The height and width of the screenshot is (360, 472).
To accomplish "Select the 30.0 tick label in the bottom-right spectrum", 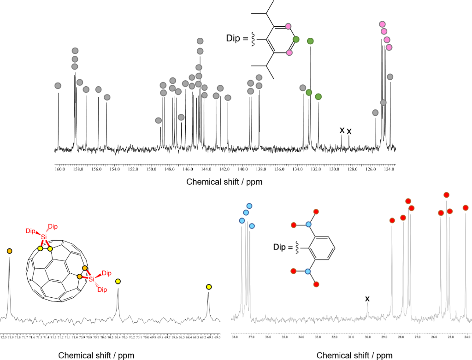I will pyautogui.click(x=367, y=337).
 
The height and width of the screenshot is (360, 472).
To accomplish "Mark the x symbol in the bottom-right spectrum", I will pyautogui.click(x=367, y=299).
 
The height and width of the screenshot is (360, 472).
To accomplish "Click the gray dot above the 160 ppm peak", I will pyautogui.click(x=58, y=86).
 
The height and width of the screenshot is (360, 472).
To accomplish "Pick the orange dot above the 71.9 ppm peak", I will pyautogui.click(x=10, y=251).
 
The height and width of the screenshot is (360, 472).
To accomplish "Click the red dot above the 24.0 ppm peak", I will pyautogui.click(x=466, y=208).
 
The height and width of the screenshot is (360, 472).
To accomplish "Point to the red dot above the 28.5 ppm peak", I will pyautogui.click(x=392, y=220).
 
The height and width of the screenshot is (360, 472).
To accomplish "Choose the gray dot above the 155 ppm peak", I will pyautogui.click(x=107, y=97).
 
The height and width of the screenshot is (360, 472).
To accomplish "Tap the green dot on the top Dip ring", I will pyautogui.click(x=296, y=39).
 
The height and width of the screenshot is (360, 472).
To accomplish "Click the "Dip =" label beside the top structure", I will pyautogui.click(x=236, y=38).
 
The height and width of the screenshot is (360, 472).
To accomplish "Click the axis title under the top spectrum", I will pyautogui.click(x=224, y=182).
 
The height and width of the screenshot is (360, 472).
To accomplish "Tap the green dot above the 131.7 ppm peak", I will pyautogui.click(x=318, y=96).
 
